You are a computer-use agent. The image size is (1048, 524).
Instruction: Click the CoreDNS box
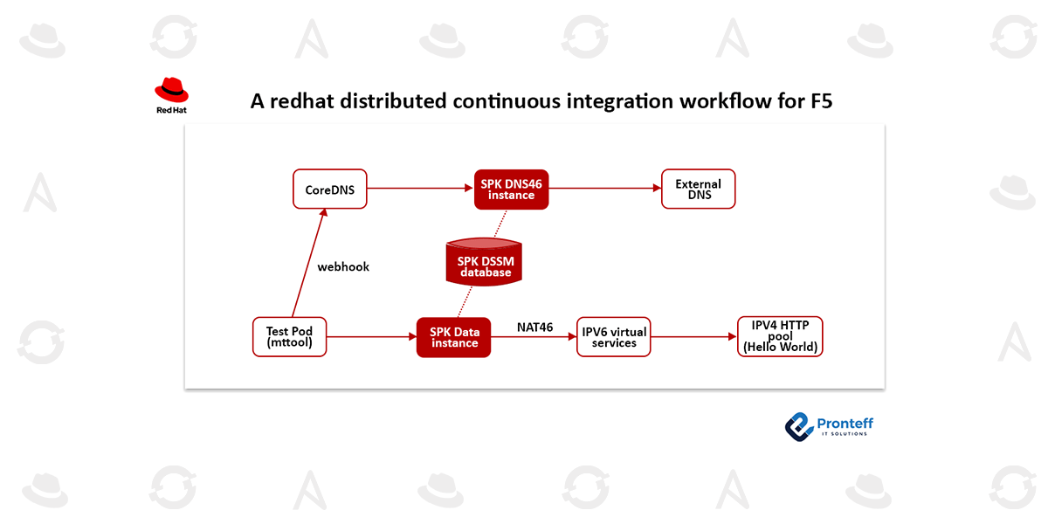pyautogui.click(x=329, y=190)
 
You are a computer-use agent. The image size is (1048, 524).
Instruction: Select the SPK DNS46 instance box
pyautogui.click(x=511, y=190)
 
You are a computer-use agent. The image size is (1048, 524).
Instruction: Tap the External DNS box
pyautogui.click(x=698, y=190)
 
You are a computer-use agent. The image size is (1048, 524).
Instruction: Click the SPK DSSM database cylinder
pyautogui.click(x=485, y=262)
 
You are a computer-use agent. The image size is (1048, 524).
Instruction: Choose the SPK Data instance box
pyautogui.click(x=454, y=337)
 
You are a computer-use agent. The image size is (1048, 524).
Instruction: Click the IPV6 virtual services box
pyautogui.click(x=614, y=337)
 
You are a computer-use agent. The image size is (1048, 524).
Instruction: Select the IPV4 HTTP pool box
pyautogui.click(x=780, y=336)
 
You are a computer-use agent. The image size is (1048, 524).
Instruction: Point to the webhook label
pyautogui.click(x=343, y=266)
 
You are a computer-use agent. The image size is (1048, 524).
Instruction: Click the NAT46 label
pyautogui.click(x=534, y=327)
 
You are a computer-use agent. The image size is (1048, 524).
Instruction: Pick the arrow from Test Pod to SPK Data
pyautogui.click(x=371, y=336)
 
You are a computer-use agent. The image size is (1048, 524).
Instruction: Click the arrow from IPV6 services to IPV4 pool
pyautogui.click(x=694, y=336)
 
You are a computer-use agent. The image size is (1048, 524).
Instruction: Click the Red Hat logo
pyautogui.click(x=171, y=95)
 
